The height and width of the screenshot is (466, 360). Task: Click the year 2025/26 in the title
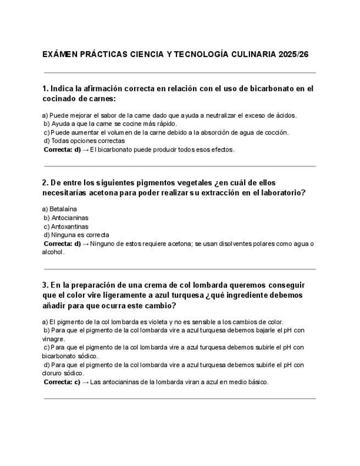(x=297, y=55)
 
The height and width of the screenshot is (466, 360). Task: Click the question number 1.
(x=45, y=88)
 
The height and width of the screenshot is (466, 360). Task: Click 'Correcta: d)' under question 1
(x=62, y=149)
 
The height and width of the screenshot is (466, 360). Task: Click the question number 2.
(x=45, y=182)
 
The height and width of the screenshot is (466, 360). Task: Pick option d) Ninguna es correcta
(x=76, y=235)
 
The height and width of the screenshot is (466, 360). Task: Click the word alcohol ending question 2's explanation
(x=53, y=252)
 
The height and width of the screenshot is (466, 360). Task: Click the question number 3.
(x=45, y=285)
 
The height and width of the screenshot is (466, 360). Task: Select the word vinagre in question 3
(x=52, y=339)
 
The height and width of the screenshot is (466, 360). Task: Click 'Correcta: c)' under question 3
(x=62, y=382)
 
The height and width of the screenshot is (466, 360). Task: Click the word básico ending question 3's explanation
(x=257, y=382)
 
